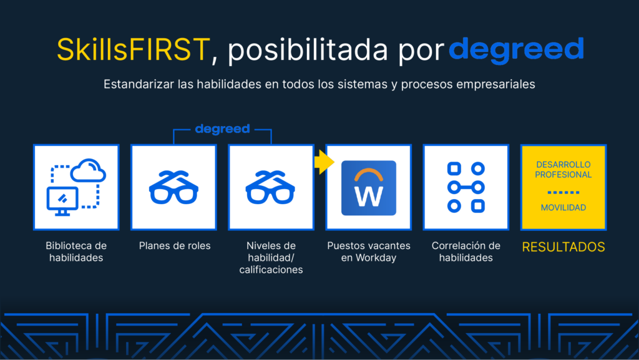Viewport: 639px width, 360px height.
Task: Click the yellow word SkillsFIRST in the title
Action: point(134,50)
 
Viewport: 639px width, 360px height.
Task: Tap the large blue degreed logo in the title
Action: point(516,51)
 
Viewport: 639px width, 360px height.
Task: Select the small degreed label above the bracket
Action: point(223,130)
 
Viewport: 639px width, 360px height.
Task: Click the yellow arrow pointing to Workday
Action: point(324,162)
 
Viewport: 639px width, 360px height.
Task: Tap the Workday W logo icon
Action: point(369,188)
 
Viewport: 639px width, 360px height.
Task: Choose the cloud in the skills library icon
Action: point(88,170)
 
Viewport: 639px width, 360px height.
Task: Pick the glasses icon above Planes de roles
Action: point(173,187)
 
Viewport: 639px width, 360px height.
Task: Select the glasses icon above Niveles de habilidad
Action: point(270,187)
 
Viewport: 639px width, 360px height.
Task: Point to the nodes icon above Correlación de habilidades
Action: point(466,187)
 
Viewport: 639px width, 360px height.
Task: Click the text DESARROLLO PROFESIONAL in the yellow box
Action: point(563,170)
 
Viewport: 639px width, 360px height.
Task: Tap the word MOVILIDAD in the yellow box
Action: point(563,208)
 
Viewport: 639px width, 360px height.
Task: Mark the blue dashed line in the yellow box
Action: point(563,192)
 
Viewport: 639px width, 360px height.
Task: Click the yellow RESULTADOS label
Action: point(563,247)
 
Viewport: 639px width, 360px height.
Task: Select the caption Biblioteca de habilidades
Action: point(76,251)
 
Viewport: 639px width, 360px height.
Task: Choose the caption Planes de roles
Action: point(175,246)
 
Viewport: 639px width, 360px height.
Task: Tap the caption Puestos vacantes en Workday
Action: point(369,251)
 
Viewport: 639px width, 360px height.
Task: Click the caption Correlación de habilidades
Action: point(466,251)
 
